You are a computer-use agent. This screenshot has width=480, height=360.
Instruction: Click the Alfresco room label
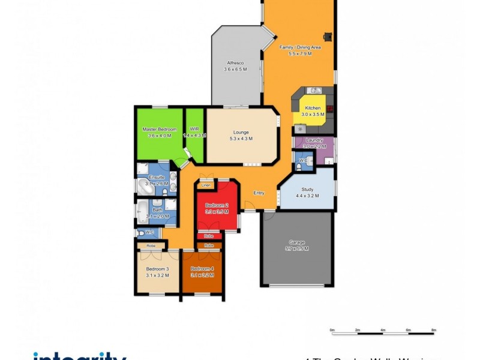point(235,62)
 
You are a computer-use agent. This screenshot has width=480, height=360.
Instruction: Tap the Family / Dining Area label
point(301,47)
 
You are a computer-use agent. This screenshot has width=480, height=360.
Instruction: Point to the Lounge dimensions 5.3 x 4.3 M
point(241,139)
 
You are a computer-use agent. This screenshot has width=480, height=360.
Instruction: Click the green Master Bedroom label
point(159,129)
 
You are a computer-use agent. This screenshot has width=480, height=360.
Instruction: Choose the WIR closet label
point(194,129)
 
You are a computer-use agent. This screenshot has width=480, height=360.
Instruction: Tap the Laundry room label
point(314,140)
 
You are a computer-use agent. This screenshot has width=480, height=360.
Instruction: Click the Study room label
point(307,189)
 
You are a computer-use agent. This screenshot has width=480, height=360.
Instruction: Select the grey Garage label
point(296,242)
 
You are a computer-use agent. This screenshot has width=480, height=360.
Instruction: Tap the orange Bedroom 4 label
point(202,269)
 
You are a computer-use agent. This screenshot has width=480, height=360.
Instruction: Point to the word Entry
point(259,193)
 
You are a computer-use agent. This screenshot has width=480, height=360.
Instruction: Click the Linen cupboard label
point(206,185)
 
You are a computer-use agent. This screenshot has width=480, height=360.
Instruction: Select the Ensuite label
point(157,178)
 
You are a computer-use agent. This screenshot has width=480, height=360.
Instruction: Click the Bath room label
point(157,210)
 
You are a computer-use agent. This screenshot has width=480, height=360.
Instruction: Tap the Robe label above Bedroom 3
point(151,246)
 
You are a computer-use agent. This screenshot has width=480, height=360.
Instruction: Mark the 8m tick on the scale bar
point(434,329)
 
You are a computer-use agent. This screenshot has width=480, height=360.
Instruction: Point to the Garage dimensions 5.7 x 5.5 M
point(296,248)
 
